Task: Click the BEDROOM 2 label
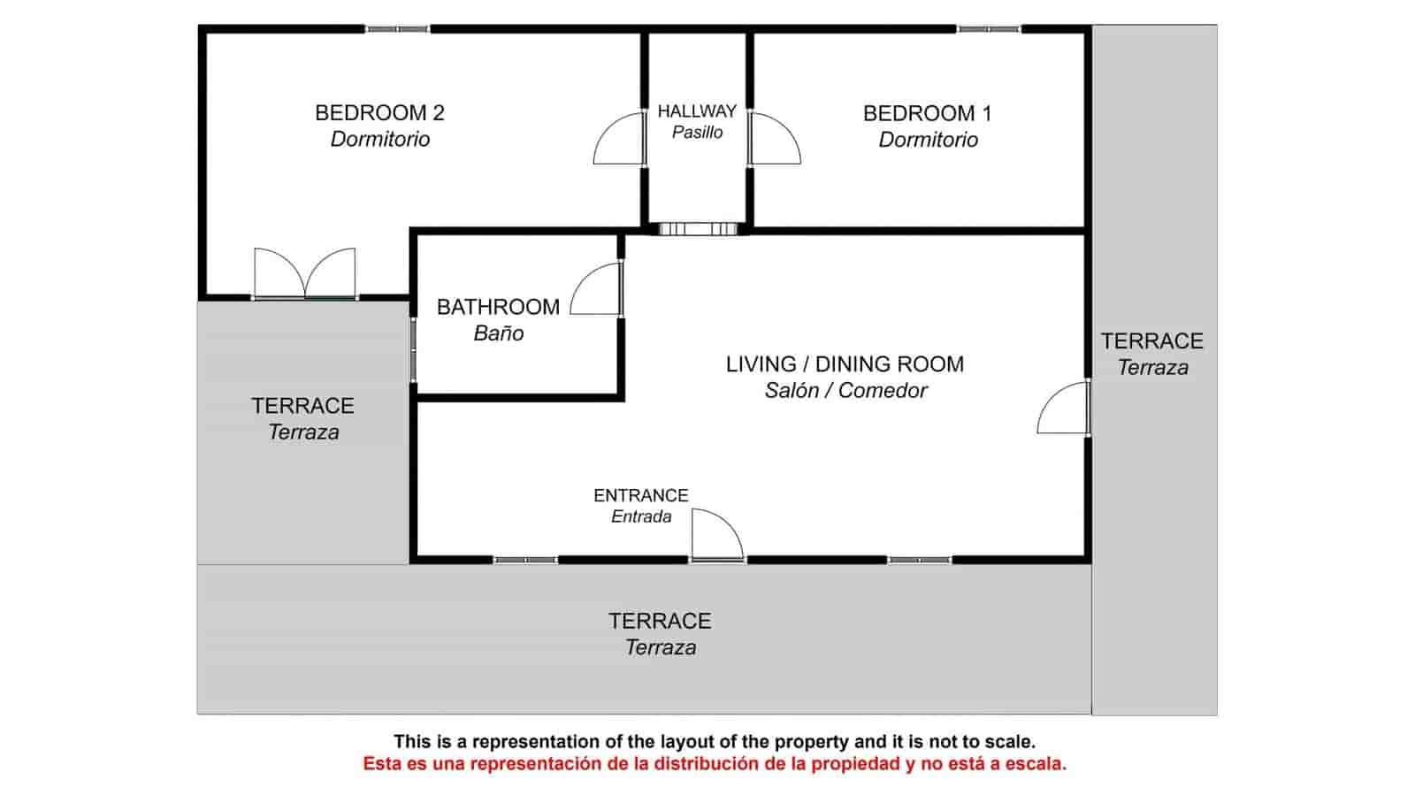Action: pos(379,113)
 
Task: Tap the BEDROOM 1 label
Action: pos(928,114)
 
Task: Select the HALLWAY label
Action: pos(697,111)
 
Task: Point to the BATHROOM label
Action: pos(498,307)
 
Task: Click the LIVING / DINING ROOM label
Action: pos(845,364)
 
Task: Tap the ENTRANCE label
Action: pos(640,496)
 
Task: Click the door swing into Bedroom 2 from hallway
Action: pos(619,139)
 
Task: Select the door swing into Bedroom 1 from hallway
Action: pos(775,139)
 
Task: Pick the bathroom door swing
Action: pos(596,288)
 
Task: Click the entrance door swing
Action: pos(717,535)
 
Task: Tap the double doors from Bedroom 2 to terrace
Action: pos(305,272)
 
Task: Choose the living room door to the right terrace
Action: pos(1063,408)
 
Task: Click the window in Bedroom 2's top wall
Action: pos(397,29)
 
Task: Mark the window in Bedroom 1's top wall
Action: pos(989,29)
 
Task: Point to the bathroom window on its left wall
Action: pos(413,350)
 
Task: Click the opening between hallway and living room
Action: pos(698,228)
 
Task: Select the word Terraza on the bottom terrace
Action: pos(661,648)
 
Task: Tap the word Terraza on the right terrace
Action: pos(1153,368)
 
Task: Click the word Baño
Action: pos(499,333)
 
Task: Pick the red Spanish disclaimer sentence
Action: pos(715,764)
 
